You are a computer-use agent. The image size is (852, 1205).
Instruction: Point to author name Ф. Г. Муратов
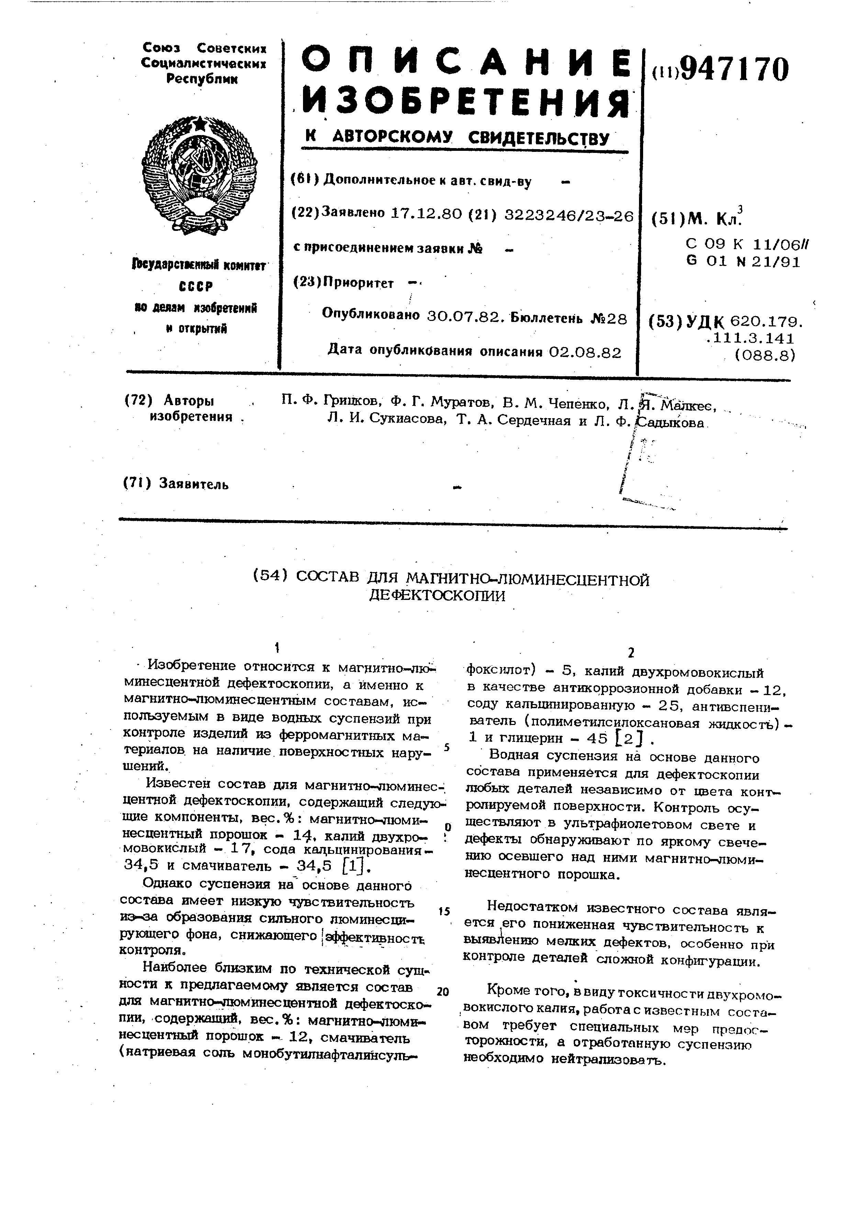click(x=441, y=403)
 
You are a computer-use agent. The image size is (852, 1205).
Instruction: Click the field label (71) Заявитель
click(x=176, y=483)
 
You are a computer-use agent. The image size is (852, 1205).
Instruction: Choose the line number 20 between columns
click(x=443, y=991)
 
